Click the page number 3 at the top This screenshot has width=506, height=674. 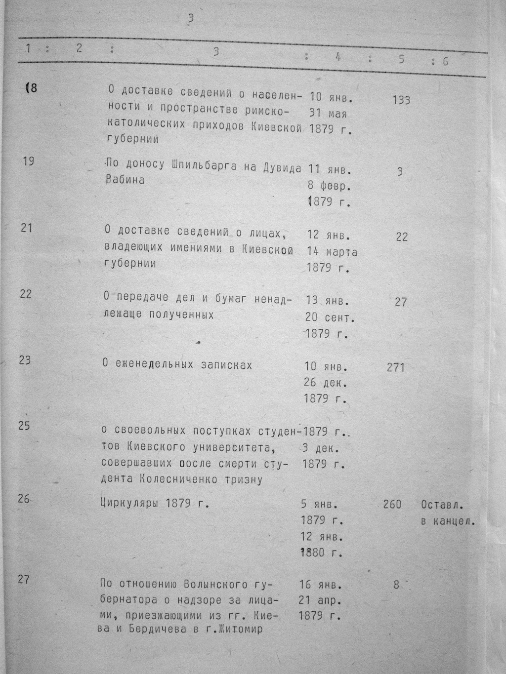point(191,19)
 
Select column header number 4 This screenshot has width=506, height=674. point(338,57)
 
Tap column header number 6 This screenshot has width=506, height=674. point(445,61)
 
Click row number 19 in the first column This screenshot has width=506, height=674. point(29,161)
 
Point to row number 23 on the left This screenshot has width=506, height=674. point(25,360)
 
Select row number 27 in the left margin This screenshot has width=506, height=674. point(24,579)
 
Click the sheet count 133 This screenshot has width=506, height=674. point(401,100)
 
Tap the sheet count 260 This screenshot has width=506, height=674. point(392,505)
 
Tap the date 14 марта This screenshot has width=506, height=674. point(332,252)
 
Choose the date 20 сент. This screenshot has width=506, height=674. point(330,317)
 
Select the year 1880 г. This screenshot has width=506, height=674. point(321,553)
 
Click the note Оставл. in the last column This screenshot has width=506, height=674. point(442,505)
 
